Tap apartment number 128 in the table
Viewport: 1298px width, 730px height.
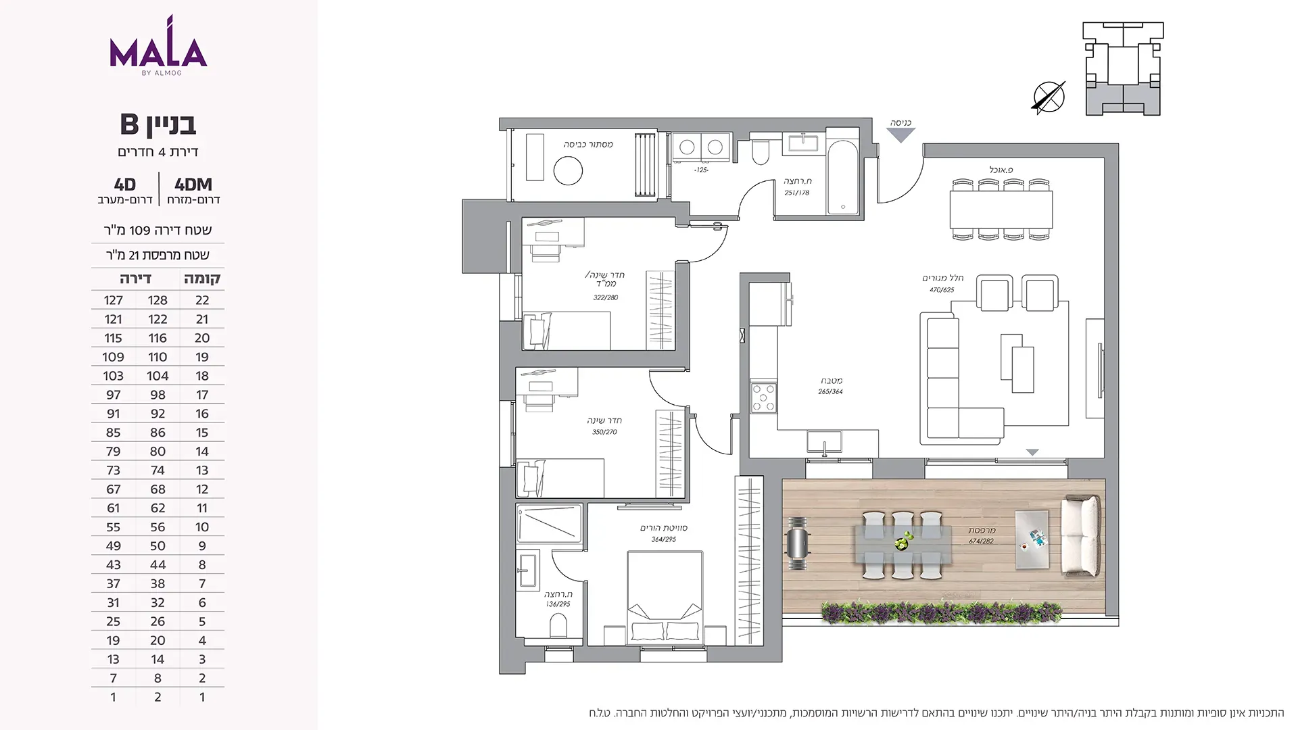pyautogui.click(x=158, y=300)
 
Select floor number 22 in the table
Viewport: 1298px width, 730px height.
pyautogui.click(x=202, y=300)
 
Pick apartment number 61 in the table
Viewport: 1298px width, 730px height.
pyautogui.click(x=113, y=508)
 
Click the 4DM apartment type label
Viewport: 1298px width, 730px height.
pyautogui.click(x=193, y=185)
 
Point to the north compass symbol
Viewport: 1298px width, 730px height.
pyautogui.click(x=1049, y=97)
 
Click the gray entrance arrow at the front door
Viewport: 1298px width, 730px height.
pyautogui.click(x=900, y=135)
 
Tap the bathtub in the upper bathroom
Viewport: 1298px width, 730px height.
pyautogui.click(x=842, y=177)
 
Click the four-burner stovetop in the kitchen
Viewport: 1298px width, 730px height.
pyautogui.click(x=763, y=397)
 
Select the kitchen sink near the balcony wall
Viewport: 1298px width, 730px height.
pyautogui.click(x=824, y=443)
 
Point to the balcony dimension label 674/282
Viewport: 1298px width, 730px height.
pyautogui.click(x=981, y=541)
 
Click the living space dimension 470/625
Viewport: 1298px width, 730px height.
pyautogui.click(x=942, y=290)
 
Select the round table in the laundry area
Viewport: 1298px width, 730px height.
pyautogui.click(x=568, y=171)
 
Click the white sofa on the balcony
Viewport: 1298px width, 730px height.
pyautogui.click(x=1080, y=536)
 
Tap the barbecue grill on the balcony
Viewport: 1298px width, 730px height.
pyautogui.click(x=798, y=544)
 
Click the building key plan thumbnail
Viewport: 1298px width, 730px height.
pyautogui.click(x=1123, y=68)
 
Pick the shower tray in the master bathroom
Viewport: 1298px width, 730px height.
pyautogui.click(x=549, y=523)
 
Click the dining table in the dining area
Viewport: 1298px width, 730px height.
pyautogui.click(x=1001, y=210)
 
